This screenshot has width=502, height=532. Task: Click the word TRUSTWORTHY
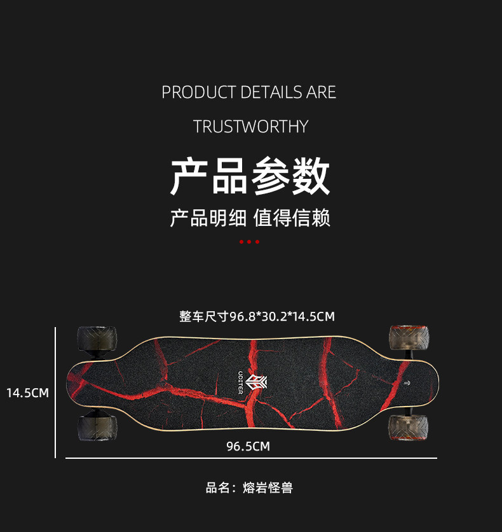click(250, 127)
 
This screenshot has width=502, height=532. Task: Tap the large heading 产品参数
click(250, 177)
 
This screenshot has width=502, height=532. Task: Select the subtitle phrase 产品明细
click(208, 218)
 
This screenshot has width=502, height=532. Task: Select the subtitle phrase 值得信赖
click(292, 218)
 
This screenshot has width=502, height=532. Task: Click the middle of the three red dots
click(249, 242)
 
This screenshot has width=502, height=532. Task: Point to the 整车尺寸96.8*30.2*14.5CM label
click(257, 316)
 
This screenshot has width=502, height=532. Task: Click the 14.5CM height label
click(27, 393)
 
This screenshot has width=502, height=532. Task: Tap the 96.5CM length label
click(248, 446)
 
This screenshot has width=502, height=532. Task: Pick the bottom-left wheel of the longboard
click(97, 428)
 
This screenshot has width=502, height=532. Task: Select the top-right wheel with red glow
click(409, 337)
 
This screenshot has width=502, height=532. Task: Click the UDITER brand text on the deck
click(240, 382)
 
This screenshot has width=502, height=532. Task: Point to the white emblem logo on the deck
click(257, 382)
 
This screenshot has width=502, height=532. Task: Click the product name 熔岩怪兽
click(268, 488)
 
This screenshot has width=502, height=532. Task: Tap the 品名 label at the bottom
click(217, 488)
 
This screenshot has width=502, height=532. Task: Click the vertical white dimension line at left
click(56, 393)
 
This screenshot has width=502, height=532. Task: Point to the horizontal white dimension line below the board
click(251, 458)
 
